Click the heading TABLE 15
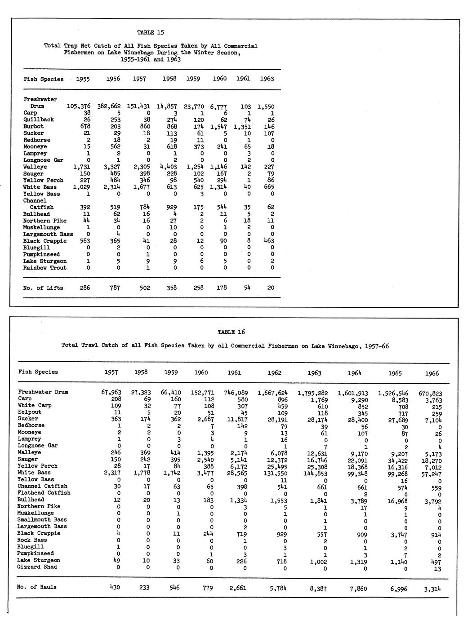151,32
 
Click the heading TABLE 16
232,332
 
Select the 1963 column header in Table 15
267,79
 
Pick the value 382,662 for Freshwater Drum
109,106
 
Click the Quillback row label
39,120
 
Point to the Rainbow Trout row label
45,268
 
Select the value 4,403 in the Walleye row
167,167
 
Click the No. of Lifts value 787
115,288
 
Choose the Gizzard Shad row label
37,567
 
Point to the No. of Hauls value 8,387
319,588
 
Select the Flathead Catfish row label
44,493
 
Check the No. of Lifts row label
43,288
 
